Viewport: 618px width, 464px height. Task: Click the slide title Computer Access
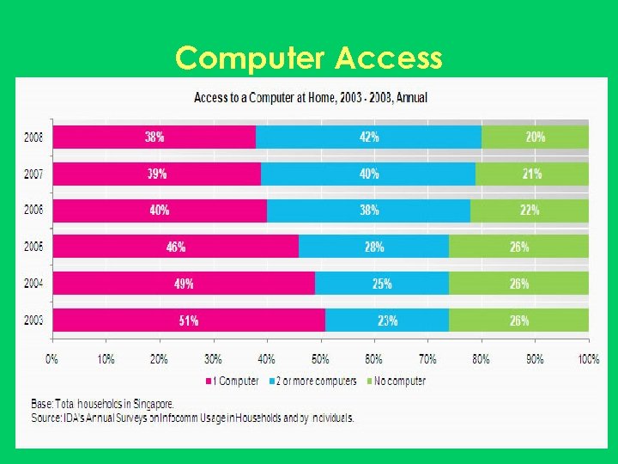coord(309,58)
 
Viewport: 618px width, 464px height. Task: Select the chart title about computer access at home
coord(310,97)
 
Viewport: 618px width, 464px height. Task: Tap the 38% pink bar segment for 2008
coord(154,137)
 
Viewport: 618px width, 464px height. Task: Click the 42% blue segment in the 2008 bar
coord(369,137)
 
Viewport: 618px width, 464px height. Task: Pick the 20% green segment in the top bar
coord(535,137)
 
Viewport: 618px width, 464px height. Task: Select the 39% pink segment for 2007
coord(157,174)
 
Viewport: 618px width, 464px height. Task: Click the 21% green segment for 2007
coord(532,174)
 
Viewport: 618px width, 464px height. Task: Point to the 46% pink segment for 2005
coord(176,247)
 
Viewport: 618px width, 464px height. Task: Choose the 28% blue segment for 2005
coord(373,247)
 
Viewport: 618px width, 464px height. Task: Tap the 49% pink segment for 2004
coord(184,284)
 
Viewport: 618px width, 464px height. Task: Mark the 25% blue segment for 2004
coord(382,284)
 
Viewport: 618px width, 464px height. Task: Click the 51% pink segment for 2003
coord(189,321)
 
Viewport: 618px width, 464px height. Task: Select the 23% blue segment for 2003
coord(387,321)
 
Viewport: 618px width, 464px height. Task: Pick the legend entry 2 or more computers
coord(313,381)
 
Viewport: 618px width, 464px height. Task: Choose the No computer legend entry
coord(396,381)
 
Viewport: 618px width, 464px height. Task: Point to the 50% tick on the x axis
coord(320,359)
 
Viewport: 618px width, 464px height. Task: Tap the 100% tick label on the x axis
coord(588,359)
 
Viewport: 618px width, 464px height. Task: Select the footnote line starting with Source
coord(193,418)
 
